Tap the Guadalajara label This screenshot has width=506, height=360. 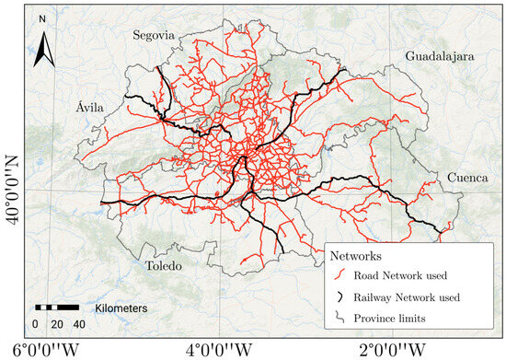439,57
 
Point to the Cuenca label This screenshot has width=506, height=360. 468,178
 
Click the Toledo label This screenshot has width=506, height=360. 165,267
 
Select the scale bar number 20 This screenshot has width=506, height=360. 56,324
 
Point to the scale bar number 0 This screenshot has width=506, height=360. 35,324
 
